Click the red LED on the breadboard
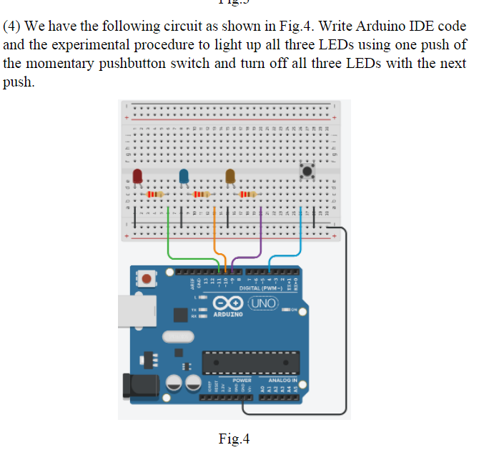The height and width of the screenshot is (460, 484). click(x=137, y=176)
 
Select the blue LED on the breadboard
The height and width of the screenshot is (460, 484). click(x=184, y=176)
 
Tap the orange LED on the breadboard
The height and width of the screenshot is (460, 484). click(x=230, y=176)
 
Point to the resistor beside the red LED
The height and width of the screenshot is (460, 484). click(x=154, y=194)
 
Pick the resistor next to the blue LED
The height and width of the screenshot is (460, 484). click(x=201, y=194)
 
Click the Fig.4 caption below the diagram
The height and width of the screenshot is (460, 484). click(x=234, y=439)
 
